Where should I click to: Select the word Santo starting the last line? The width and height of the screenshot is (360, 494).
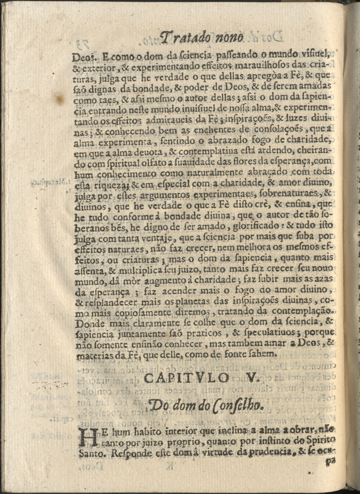(x=92, y=453)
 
